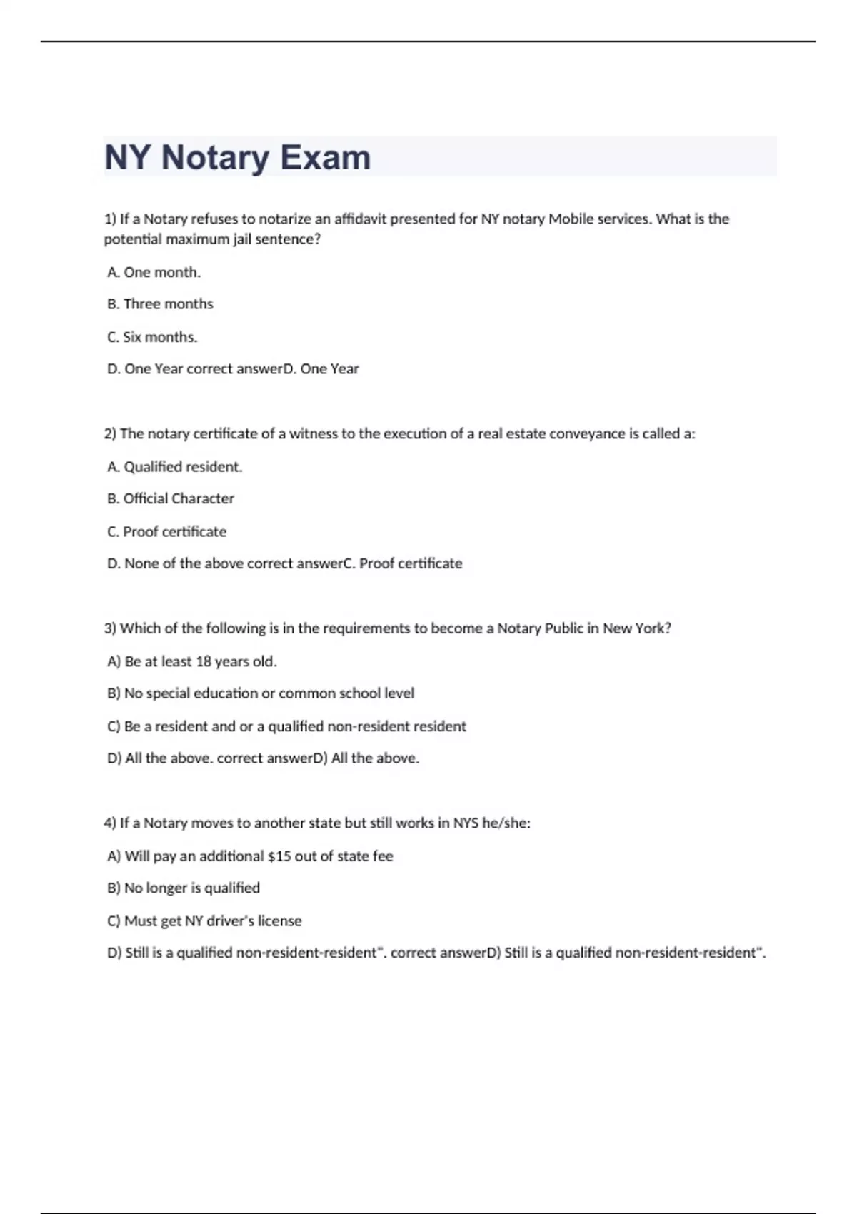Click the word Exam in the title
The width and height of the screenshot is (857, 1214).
click(x=325, y=157)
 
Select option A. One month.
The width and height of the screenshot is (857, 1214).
click(x=154, y=272)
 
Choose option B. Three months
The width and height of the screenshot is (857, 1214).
click(x=160, y=304)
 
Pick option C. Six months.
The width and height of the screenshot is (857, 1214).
click(x=152, y=337)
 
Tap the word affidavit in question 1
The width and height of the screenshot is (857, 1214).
click(x=360, y=219)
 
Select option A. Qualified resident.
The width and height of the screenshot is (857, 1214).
click(x=175, y=467)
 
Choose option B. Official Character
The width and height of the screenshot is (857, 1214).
click(x=171, y=498)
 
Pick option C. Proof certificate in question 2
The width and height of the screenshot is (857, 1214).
click(x=167, y=531)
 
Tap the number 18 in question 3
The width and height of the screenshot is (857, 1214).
click(x=204, y=661)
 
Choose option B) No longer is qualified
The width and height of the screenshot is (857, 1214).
click(x=184, y=888)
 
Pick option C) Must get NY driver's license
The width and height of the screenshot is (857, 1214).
click(x=204, y=921)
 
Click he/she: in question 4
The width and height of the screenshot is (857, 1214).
click(x=506, y=823)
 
